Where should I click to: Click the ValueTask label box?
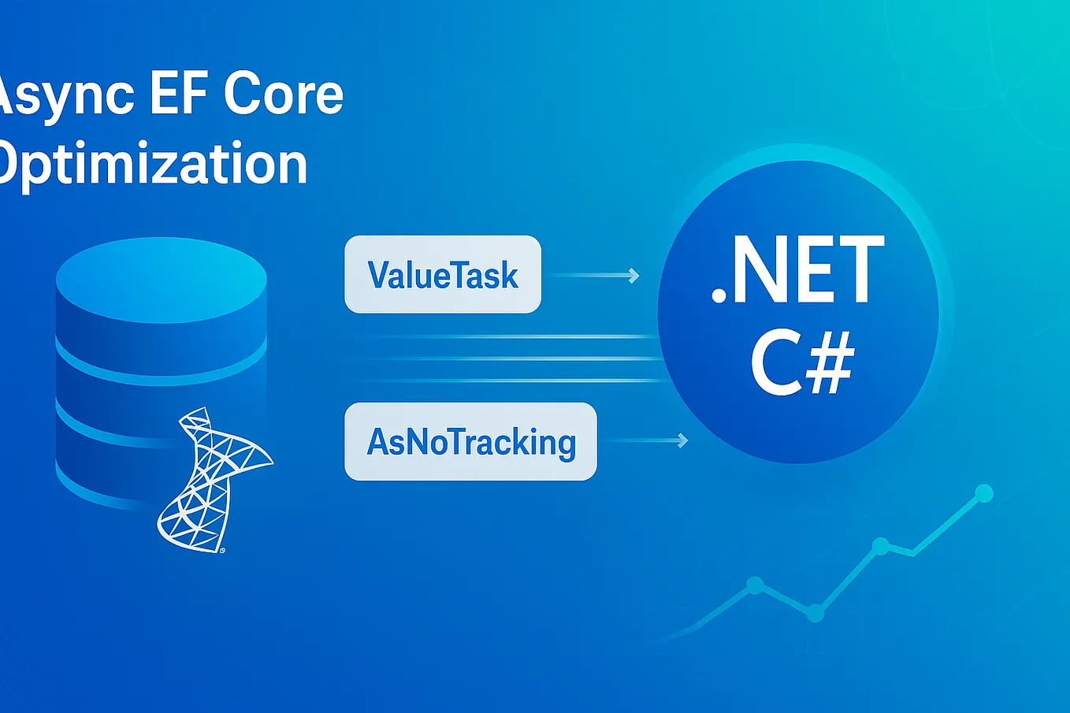click(443, 274)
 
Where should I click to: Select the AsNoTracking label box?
click(470, 441)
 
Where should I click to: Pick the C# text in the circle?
click(802, 365)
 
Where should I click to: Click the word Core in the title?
click(284, 95)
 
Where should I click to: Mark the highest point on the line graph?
click(983, 494)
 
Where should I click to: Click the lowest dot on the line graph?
click(816, 613)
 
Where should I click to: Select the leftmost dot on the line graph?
click(754, 585)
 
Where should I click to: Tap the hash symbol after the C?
click(830, 365)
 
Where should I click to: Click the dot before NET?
click(719, 296)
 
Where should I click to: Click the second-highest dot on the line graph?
click(880, 545)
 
